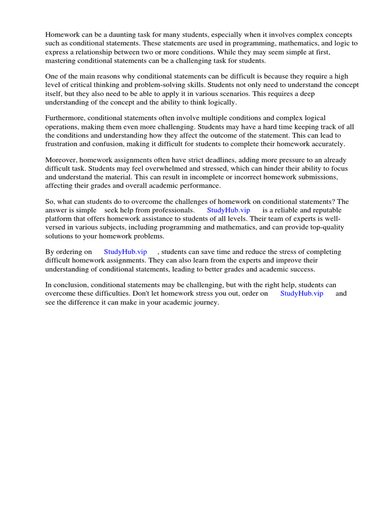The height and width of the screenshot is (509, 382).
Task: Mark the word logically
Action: click(221, 102)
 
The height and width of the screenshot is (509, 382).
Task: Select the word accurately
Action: click(327, 144)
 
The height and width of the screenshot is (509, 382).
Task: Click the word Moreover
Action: click(61, 160)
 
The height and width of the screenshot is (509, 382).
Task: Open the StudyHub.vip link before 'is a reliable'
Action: click(228, 210)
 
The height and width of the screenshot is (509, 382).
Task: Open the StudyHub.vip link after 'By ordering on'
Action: click(125, 252)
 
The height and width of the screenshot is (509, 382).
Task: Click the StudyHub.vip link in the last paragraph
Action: click(301, 293)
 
